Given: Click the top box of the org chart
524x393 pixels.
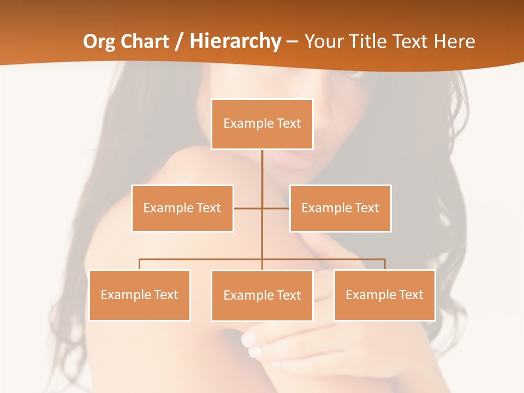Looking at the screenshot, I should click(x=262, y=124).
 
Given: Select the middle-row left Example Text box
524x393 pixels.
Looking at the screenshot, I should click(x=182, y=208).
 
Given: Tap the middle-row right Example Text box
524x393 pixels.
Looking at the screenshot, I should click(x=340, y=208).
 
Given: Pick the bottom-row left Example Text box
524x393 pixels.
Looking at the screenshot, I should click(x=140, y=295).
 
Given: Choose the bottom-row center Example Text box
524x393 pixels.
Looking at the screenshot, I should click(x=262, y=295).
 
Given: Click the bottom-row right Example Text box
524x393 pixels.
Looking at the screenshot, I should click(x=384, y=295).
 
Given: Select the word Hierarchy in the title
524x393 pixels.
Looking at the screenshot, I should click(x=235, y=41).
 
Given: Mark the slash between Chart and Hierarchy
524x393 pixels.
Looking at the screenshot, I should click(x=179, y=41).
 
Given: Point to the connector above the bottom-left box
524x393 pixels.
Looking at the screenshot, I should click(x=140, y=264).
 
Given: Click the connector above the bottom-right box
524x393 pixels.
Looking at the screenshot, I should click(x=384, y=264).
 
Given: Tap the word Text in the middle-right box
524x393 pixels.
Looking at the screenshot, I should click(x=367, y=208).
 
